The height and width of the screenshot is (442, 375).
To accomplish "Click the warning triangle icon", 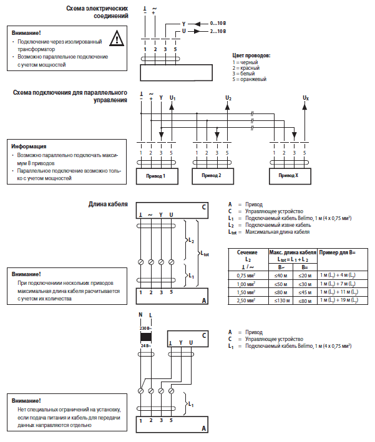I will [x=115, y=39].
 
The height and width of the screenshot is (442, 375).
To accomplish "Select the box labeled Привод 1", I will [x=155, y=176].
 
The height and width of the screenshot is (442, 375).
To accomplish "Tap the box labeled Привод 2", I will [x=211, y=176].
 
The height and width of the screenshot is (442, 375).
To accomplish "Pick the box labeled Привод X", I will [x=288, y=176].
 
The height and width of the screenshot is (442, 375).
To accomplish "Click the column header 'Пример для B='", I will [x=338, y=252].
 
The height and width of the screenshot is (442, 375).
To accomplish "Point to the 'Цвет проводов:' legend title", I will [x=251, y=55].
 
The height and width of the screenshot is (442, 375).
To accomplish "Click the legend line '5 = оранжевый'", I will [x=250, y=79].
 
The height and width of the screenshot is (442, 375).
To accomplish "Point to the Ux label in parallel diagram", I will [x=305, y=98].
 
